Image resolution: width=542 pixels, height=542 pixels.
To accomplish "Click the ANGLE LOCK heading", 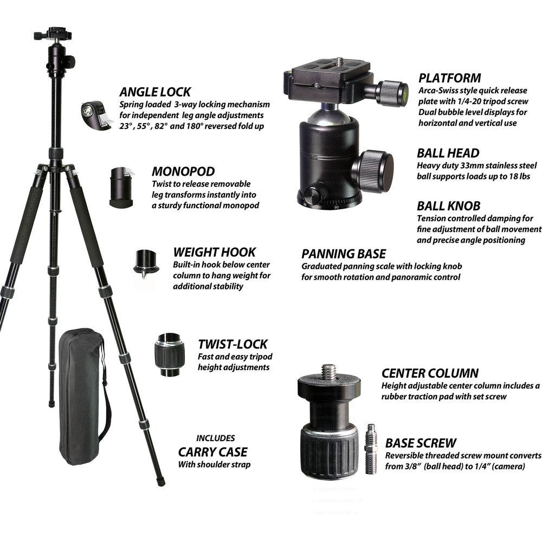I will click(x=155, y=92).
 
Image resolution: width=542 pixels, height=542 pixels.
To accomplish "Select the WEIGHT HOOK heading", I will click(x=214, y=252).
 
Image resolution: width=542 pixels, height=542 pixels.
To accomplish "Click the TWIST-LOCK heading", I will click(x=233, y=344).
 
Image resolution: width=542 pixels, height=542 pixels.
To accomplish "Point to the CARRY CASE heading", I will click(x=212, y=451).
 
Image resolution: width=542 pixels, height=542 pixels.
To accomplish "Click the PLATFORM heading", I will click(x=449, y=78).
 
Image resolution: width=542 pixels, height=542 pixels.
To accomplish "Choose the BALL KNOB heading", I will click(x=448, y=206).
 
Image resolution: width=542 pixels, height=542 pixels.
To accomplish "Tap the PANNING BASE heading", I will click(x=344, y=254).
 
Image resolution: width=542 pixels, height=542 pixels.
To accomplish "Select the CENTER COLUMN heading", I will click(x=430, y=373).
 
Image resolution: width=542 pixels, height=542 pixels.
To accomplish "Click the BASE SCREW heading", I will click(x=421, y=442).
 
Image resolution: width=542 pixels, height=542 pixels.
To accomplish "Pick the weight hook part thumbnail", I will click(x=146, y=262).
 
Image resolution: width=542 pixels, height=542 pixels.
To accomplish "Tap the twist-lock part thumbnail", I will click(x=170, y=355).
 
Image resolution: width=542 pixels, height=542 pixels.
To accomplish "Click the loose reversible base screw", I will click(x=371, y=449).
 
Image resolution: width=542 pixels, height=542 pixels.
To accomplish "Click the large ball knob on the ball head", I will click(x=373, y=171).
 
